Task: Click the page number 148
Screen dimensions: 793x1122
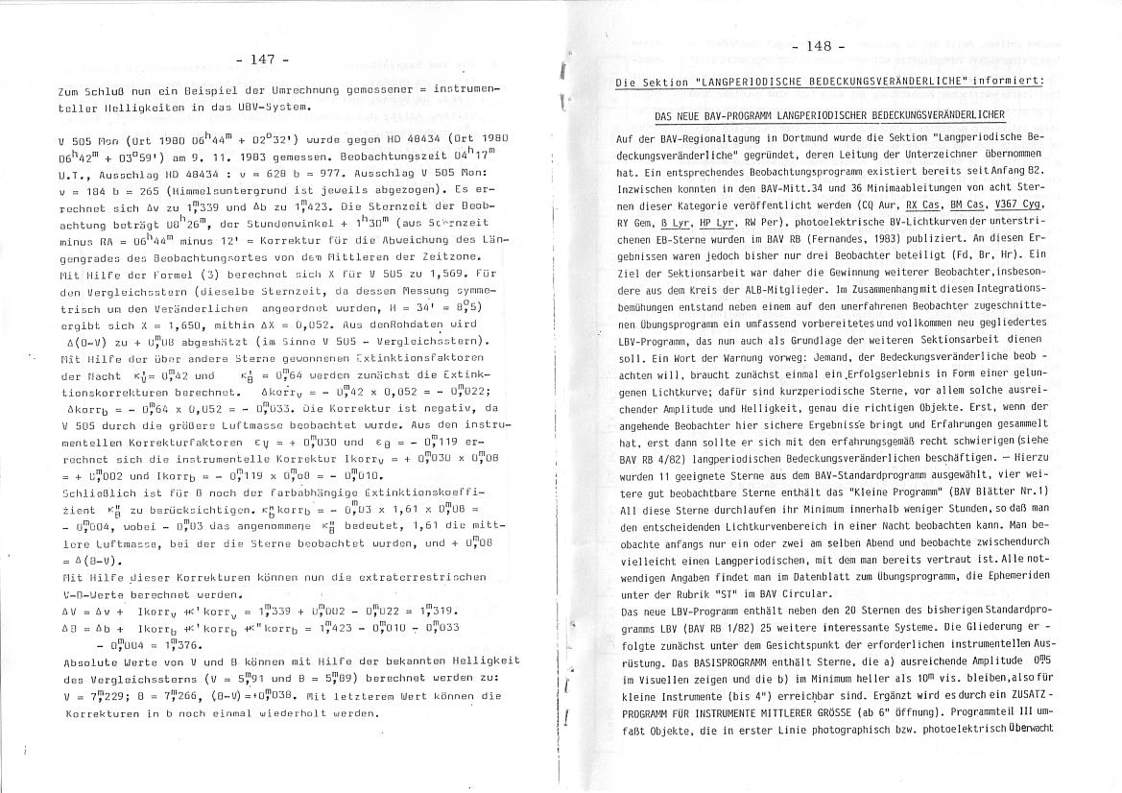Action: [819, 46]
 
